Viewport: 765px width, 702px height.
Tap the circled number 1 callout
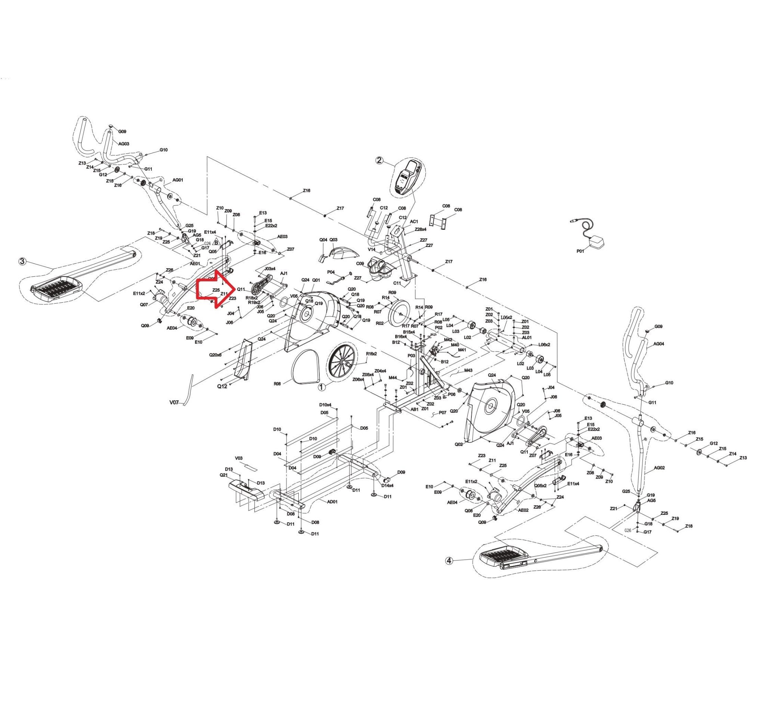(322, 387)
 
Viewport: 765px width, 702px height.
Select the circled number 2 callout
(379, 160)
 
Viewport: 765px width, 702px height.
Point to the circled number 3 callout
(23, 262)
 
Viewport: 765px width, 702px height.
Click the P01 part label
(580, 251)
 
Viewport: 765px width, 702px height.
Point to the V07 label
(174, 402)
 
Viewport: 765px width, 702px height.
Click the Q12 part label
(222, 386)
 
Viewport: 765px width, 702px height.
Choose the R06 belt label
(277, 384)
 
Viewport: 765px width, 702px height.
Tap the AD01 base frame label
(332, 501)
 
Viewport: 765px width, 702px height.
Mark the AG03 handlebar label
(124, 144)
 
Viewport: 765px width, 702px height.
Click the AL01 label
(527, 337)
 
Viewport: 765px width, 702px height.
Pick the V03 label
(239, 458)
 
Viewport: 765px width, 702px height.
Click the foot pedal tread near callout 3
(57, 289)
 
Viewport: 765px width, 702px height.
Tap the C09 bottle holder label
(360, 263)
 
